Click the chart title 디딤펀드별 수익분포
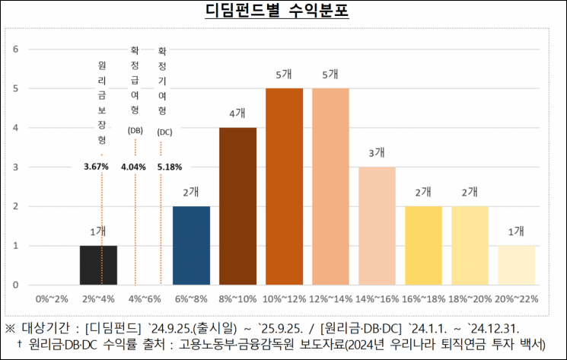[282, 12]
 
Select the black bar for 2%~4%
[98, 265]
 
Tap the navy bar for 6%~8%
[191, 245]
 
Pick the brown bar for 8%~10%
[237, 205]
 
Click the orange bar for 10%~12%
[284, 186]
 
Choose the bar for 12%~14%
[330, 186]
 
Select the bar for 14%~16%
[377, 225]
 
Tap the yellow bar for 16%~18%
[423, 245]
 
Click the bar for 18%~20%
[470, 245]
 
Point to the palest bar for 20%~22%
[516, 265]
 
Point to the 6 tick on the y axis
[15, 49]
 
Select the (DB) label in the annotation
[135, 131]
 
